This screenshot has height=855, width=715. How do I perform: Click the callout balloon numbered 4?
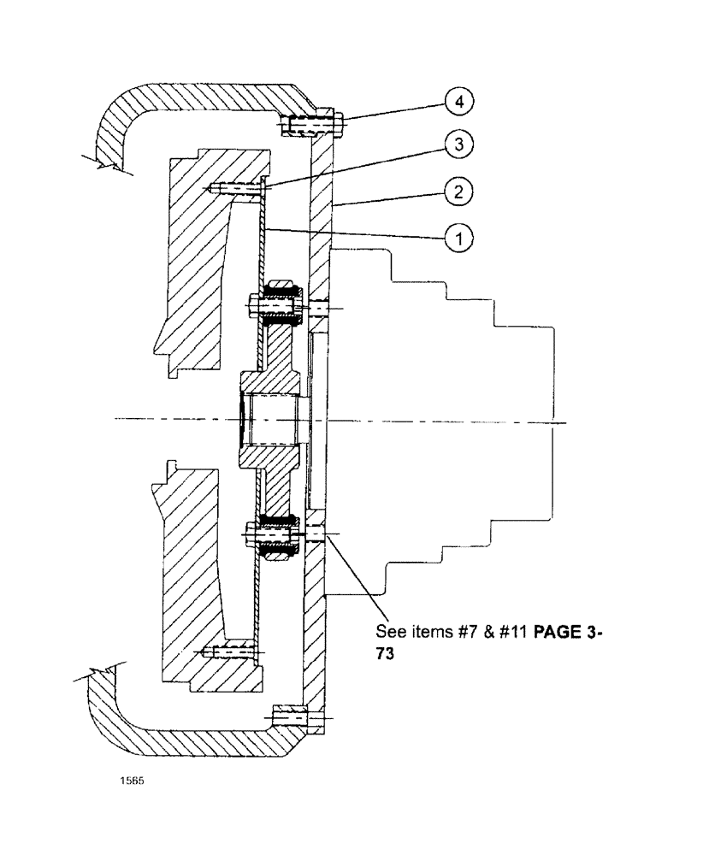[459, 102]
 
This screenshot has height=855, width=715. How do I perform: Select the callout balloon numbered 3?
[459, 145]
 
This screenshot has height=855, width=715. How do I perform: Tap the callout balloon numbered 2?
[459, 192]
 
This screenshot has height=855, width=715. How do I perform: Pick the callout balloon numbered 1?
[459, 240]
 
